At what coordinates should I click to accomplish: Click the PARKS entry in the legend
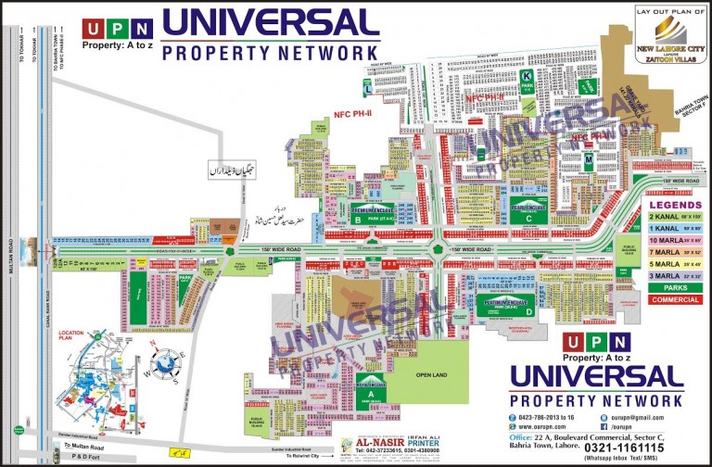(675, 287)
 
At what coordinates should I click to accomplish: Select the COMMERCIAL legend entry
(675, 299)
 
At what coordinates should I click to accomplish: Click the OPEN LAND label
(432, 375)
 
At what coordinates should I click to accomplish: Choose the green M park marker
(588, 160)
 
